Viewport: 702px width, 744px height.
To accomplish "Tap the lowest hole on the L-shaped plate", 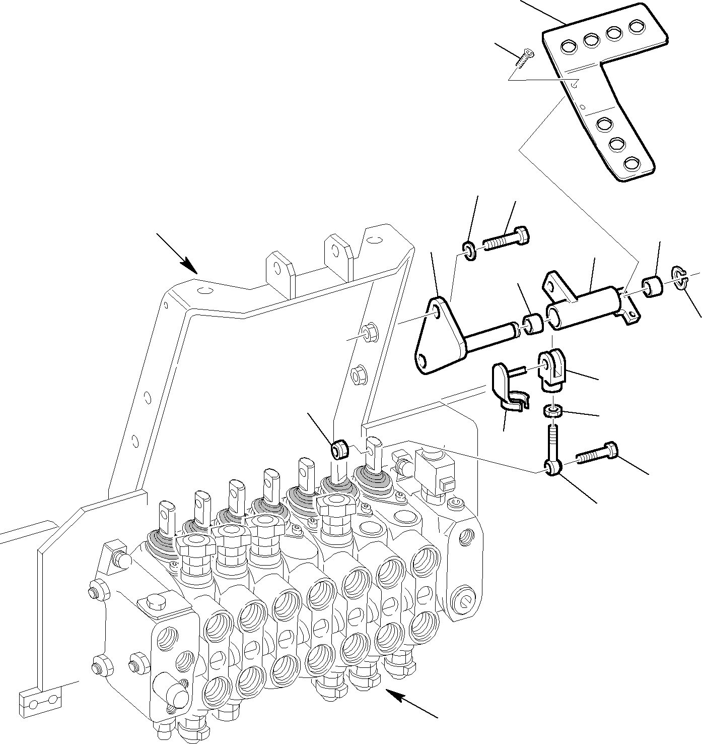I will tap(631, 163).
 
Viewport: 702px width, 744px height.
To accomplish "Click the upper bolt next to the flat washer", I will tap(507, 239).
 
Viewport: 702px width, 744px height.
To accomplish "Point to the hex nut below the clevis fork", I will tap(553, 412).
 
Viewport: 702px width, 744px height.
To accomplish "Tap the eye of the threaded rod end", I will tap(552, 468).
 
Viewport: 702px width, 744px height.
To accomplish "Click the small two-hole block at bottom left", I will tap(41, 700).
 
